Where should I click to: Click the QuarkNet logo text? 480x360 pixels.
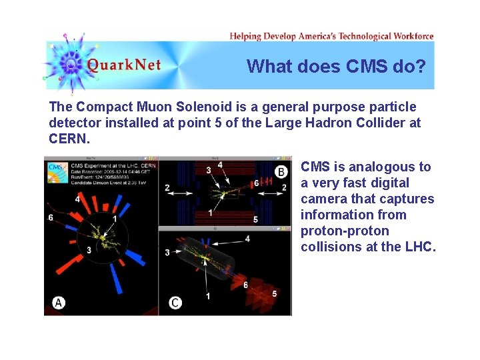point(124,65)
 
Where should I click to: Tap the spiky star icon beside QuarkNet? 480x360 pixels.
point(70,63)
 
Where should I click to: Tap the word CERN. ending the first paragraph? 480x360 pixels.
point(69,139)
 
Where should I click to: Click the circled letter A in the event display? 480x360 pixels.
point(59,303)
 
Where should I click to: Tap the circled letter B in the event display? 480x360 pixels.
point(281,172)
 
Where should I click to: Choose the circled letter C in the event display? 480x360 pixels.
point(175,303)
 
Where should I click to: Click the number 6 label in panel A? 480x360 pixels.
point(51,217)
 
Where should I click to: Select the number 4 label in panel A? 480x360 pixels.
point(78,198)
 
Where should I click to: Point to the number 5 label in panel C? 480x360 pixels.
point(275,293)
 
